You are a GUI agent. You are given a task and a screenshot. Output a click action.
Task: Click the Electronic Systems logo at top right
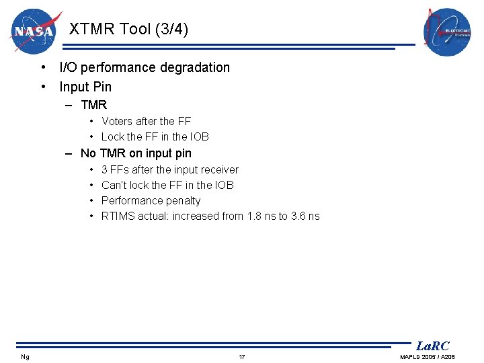(447, 32)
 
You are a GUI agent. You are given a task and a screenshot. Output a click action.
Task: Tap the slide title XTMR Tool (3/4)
(128, 30)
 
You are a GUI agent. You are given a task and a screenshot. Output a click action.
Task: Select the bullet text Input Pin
(85, 87)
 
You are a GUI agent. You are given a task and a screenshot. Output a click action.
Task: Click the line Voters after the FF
(146, 121)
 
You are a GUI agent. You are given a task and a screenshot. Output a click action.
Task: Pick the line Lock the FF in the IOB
(155, 136)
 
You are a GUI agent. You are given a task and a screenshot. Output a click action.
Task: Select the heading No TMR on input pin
(136, 153)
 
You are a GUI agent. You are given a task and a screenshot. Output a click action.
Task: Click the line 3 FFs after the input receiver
(169, 169)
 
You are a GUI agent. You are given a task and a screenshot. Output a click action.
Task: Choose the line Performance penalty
(151, 200)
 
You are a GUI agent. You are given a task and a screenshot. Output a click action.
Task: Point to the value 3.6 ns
(305, 216)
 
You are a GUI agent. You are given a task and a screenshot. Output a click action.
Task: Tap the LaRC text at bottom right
(432, 346)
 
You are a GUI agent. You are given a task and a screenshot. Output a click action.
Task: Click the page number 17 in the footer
(242, 356)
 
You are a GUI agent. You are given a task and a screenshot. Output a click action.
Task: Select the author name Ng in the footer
(25, 356)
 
